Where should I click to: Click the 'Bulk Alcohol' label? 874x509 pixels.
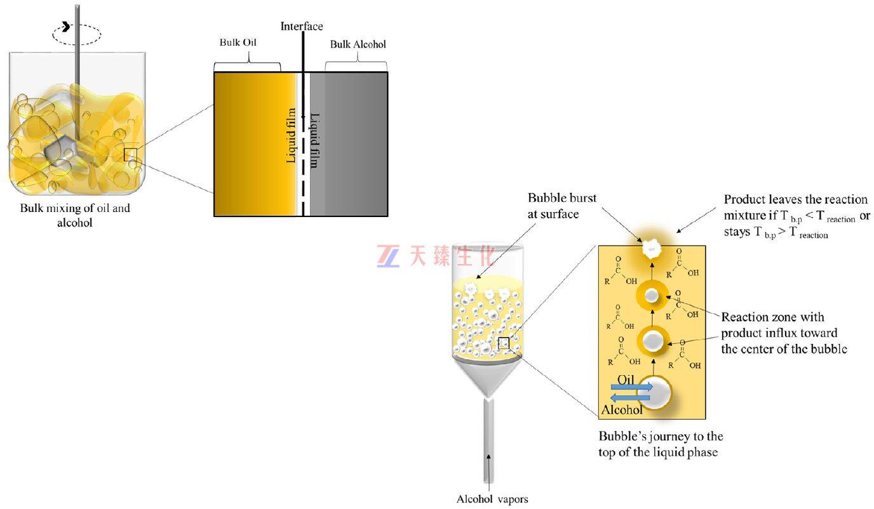pos(358,44)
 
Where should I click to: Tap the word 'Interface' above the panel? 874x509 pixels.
pos(302,26)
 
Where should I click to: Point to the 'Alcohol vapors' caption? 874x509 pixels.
pos(492,499)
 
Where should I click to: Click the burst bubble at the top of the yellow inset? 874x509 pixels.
pos(652,248)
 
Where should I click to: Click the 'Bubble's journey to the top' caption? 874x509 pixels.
pos(661,444)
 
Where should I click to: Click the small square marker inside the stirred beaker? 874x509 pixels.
pos(130,154)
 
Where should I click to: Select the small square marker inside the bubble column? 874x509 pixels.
pos(504,343)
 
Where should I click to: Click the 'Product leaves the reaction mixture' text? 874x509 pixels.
pos(797,215)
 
